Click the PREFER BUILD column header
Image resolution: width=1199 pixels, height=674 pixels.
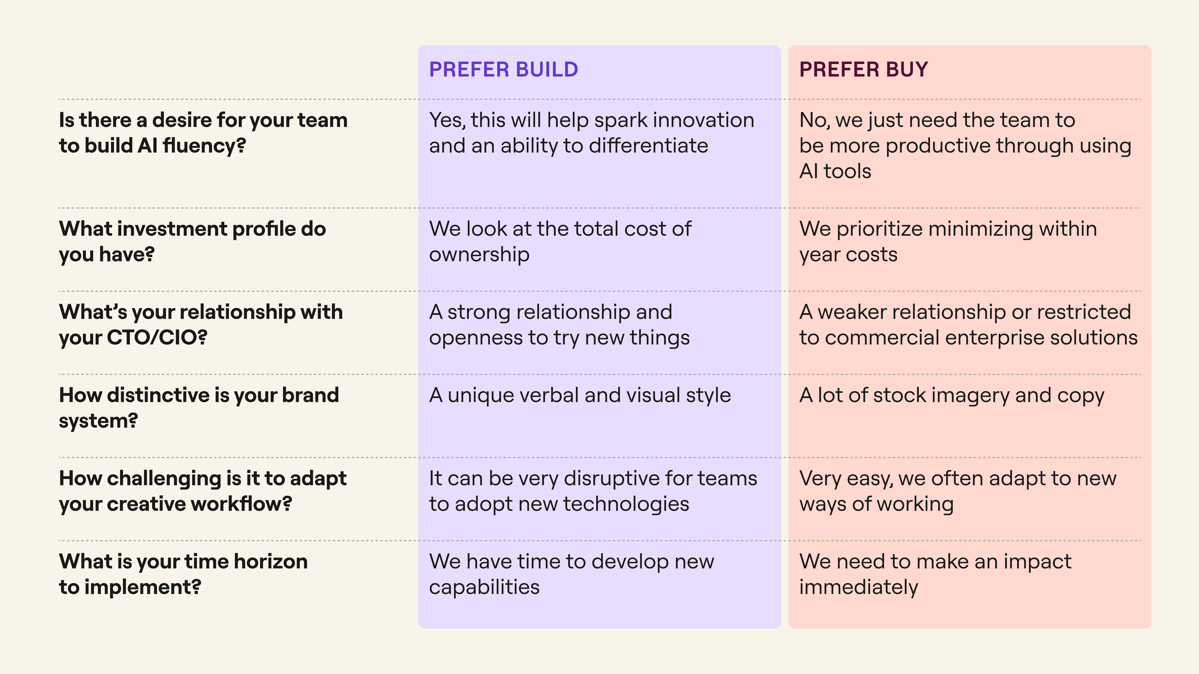504,69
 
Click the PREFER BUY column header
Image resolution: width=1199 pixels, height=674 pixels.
864,69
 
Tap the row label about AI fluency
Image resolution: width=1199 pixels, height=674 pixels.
203,132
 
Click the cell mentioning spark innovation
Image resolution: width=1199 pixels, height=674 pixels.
592,132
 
